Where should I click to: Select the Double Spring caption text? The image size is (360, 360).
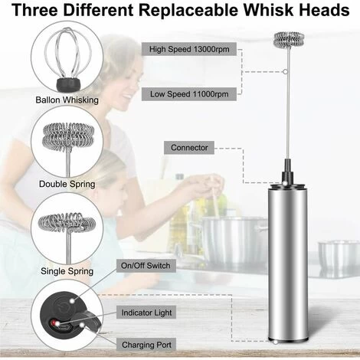67,184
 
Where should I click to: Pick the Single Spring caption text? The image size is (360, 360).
67,270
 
